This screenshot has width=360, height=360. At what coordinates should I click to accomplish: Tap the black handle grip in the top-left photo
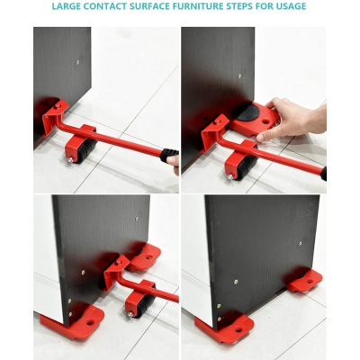click(169, 155)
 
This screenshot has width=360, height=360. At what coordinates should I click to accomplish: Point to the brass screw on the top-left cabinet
click(77, 62)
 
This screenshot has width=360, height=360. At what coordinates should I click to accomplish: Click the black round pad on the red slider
click(246, 112)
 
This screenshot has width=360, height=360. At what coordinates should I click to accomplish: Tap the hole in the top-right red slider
click(265, 122)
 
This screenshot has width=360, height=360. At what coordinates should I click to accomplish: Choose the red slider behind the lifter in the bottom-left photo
click(143, 257)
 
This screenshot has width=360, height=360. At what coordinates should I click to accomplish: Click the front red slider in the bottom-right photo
click(224, 328)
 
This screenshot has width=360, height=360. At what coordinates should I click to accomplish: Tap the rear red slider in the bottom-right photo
click(304, 281)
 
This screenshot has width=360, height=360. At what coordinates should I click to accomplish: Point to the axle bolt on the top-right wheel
click(230, 177)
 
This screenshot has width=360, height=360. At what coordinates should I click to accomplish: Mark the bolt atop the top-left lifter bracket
click(58, 106)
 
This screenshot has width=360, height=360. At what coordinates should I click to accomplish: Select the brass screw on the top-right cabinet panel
click(239, 76)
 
